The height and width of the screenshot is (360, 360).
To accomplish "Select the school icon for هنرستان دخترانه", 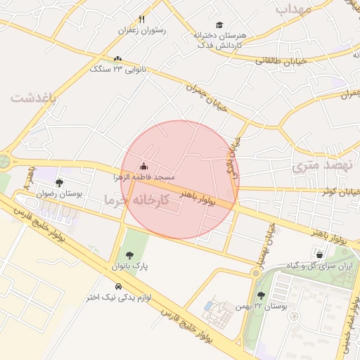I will click(219, 25).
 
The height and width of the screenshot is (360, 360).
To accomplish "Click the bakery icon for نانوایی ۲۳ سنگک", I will click(117, 59).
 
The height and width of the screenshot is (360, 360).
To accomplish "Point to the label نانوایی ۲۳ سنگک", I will click(117, 69).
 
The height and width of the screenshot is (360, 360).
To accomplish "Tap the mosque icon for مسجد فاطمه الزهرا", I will click(144, 167).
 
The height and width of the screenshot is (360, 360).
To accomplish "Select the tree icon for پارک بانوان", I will click(129, 256).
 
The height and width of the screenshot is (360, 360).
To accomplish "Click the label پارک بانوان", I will click(129, 266).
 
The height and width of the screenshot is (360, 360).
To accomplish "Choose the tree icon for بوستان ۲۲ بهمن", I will click(262, 296).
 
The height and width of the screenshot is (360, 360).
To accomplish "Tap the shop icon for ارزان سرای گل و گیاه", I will click(320, 255).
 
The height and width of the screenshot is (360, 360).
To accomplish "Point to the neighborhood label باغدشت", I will click(32, 98).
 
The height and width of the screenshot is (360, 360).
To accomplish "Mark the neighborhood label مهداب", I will click(293, 8).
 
